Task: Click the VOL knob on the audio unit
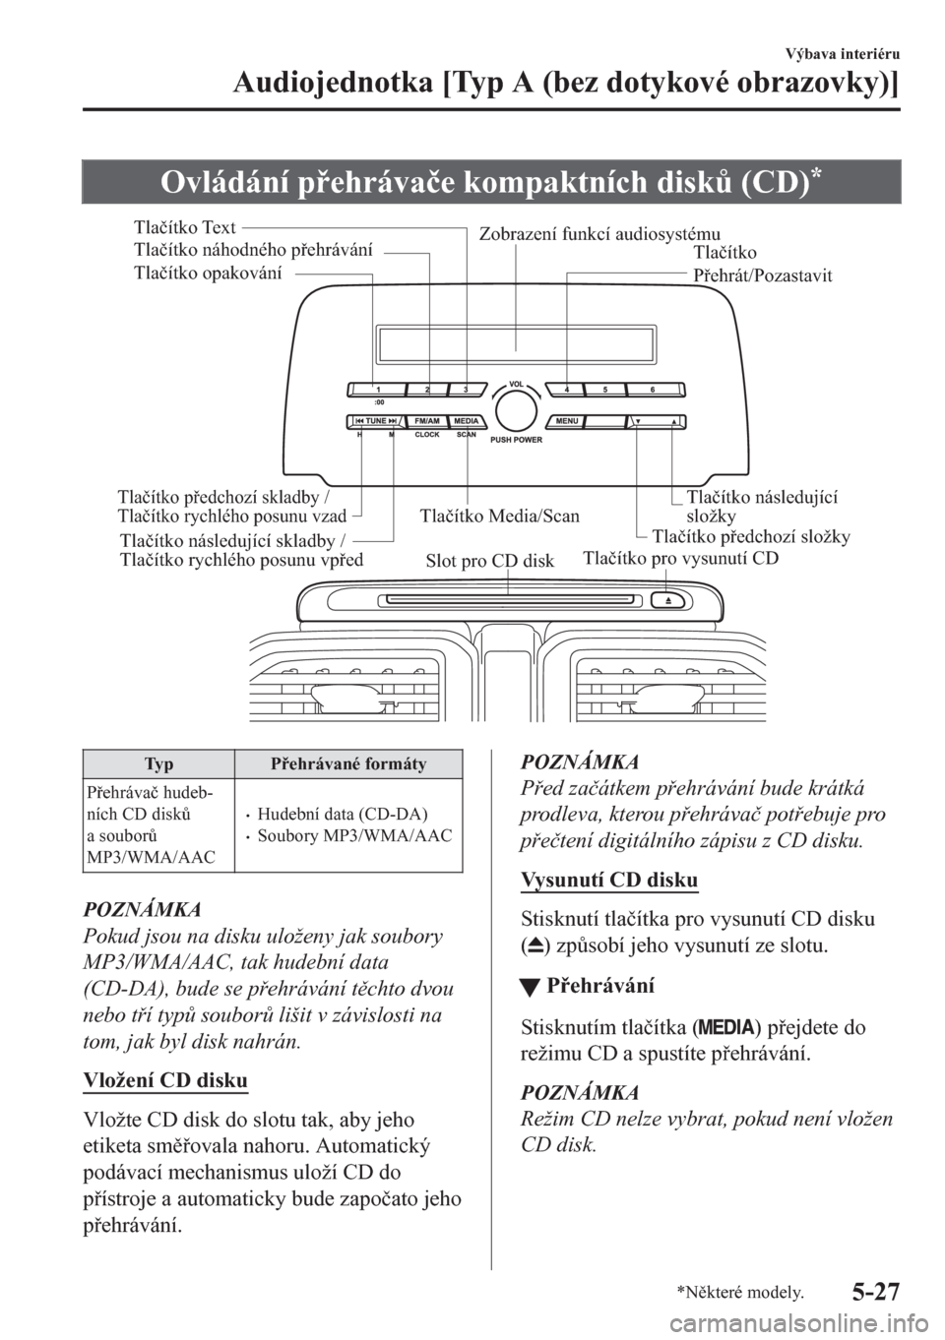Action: (515, 407)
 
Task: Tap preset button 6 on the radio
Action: (652, 390)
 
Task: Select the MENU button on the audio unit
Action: (566, 422)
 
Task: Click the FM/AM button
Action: (427, 422)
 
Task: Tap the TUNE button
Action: (373, 422)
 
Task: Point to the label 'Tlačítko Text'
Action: (184, 228)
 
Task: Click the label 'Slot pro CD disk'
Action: (490, 562)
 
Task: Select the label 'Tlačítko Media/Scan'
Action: (500, 516)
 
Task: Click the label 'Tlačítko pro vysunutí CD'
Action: (681, 558)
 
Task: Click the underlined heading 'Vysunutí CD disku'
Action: (609, 880)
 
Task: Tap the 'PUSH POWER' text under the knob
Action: (515, 440)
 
